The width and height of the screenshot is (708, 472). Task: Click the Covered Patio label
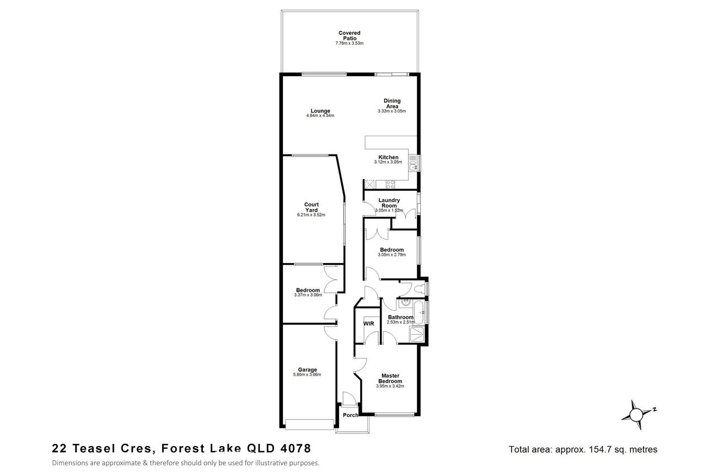point(349,35)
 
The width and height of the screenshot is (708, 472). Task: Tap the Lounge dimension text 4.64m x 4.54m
point(320,116)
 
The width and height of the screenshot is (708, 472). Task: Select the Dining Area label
point(392,103)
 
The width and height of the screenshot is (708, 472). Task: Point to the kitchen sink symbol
point(413,163)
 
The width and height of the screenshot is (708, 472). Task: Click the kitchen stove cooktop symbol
point(390,184)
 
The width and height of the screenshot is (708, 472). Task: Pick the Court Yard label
point(312,207)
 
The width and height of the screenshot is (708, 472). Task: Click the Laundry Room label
point(389,203)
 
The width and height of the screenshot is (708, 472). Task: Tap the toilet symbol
point(420,289)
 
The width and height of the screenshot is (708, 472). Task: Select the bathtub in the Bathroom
point(419,312)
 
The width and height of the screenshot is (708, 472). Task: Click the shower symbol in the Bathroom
point(417,335)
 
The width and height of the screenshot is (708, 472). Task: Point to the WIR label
point(368,324)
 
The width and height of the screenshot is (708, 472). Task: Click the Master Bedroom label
point(390,378)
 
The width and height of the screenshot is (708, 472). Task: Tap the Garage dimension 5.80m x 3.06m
point(307,375)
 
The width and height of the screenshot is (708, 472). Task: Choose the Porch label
point(351,415)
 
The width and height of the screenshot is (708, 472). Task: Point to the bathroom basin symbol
point(405,303)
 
